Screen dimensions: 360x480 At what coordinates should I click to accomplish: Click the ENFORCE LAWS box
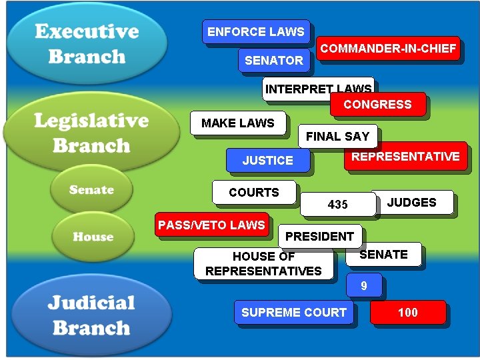[x=255, y=32]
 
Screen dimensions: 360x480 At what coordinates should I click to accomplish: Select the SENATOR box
[x=273, y=60]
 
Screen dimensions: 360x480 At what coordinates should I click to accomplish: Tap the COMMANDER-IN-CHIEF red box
[x=388, y=49]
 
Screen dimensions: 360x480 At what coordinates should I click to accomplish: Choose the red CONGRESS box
[x=377, y=105]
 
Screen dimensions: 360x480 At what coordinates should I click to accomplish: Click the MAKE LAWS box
[x=238, y=123]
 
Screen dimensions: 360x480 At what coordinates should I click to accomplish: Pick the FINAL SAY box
[x=337, y=137]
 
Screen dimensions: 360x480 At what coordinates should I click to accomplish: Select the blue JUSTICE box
[x=267, y=161]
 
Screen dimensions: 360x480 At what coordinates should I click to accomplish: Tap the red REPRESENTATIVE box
[x=405, y=157]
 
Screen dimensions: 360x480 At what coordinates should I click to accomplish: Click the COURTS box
[x=254, y=193]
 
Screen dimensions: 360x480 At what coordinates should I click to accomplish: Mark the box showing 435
[x=337, y=204]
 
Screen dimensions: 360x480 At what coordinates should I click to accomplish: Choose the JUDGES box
[x=412, y=203]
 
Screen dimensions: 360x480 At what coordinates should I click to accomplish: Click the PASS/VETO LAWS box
[x=211, y=225]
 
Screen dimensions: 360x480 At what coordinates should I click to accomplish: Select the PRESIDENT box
[x=319, y=237]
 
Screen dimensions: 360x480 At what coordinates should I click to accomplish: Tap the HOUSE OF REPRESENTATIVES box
[x=263, y=263]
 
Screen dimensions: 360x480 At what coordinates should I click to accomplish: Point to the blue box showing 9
[x=364, y=286]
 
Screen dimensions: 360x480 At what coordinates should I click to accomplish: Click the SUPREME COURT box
[x=293, y=312]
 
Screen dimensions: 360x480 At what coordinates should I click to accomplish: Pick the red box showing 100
[x=407, y=312]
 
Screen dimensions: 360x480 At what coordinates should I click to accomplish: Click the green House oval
[x=93, y=237]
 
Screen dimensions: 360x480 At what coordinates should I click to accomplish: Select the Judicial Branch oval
[x=91, y=315]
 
